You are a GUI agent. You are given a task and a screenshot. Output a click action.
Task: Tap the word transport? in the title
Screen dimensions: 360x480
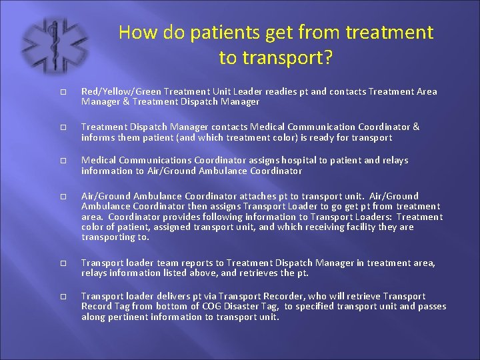(x=276, y=58)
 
